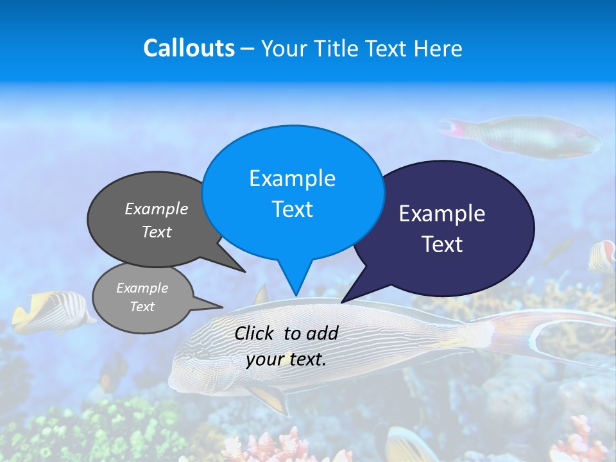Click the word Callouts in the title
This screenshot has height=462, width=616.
pyautogui.click(x=189, y=48)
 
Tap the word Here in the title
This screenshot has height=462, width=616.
pyautogui.click(x=437, y=48)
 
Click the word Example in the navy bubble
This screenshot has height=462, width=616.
pyautogui.click(x=442, y=214)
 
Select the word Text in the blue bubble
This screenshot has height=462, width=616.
pyautogui.click(x=293, y=209)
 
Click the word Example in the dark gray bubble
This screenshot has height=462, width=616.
pyautogui.click(x=157, y=209)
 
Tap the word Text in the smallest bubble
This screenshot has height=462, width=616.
pyautogui.click(x=142, y=307)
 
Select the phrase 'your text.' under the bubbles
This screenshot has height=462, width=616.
pyautogui.click(x=286, y=359)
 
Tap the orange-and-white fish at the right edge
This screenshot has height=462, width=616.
pyautogui.click(x=603, y=255)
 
